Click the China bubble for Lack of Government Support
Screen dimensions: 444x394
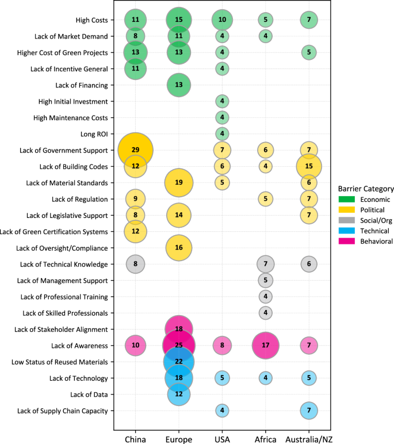(x=135, y=150)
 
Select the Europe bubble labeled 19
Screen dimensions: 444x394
(x=179, y=183)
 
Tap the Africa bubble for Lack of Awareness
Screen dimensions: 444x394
(x=265, y=346)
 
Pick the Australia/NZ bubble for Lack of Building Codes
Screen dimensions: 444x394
(x=309, y=166)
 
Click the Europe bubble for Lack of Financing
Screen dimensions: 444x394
(x=179, y=85)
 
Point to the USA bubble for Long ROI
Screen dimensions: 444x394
(x=222, y=134)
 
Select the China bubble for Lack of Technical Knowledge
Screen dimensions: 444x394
(x=135, y=264)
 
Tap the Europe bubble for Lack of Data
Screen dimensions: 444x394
(x=179, y=395)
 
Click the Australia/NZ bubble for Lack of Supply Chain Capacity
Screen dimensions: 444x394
(x=309, y=411)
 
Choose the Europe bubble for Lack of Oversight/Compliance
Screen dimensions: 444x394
(x=179, y=248)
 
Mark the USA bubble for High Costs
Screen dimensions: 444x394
(x=222, y=20)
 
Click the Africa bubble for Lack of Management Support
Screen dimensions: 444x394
(x=265, y=281)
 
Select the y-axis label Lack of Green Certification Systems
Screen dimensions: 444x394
(x=55, y=232)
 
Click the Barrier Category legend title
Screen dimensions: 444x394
(x=366, y=188)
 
